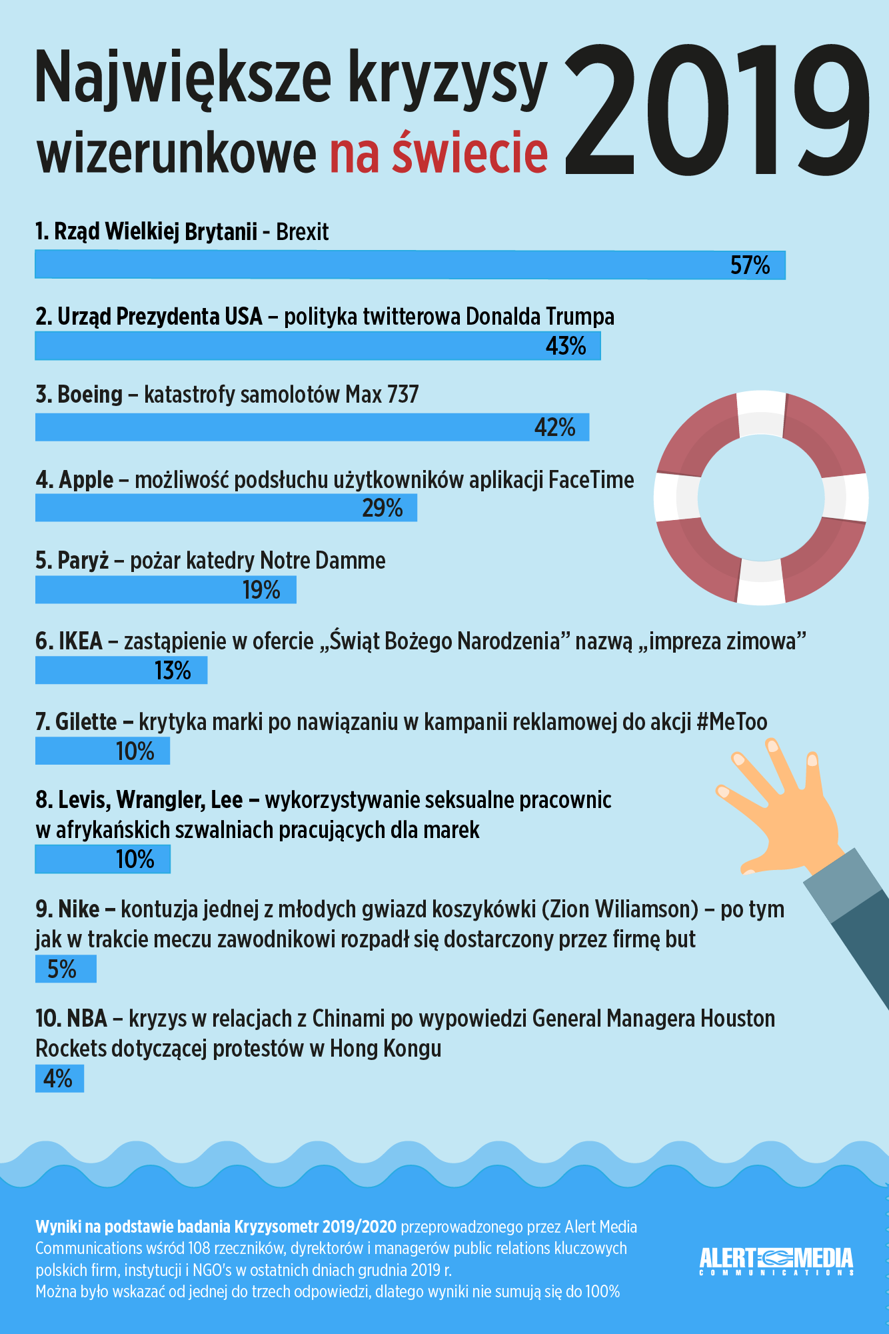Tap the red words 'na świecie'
(439, 152)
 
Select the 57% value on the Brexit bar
(750, 265)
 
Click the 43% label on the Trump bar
(566, 346)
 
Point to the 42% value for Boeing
(554, 427)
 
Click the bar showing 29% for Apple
(226, 508)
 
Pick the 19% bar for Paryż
(165, 590)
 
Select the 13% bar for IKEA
(121, 671)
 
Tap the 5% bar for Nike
(65, 969)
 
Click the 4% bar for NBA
(59, 1079)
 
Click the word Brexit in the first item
(302, 232)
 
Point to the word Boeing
(90, 395)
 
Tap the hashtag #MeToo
(732, 722)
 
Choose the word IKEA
(81, 641)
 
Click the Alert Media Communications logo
(776, 1261)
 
